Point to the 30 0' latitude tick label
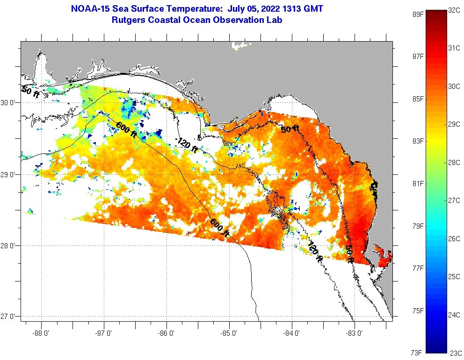(9, 103)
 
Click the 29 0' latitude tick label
(9, 175)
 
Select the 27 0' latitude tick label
(9, 317)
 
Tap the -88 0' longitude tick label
(41, 333)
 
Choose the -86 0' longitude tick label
(167, 333)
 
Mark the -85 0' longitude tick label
(229, 333)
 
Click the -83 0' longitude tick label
(355, 333)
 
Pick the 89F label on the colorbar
(418, 14)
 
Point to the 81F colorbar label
(418, 183)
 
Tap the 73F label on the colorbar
(418, 352)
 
